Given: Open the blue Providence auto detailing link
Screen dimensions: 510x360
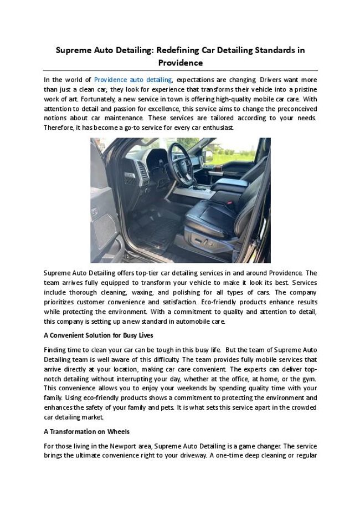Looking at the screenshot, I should (133, 80).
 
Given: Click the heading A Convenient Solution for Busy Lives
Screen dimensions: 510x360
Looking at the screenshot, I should (98, 335).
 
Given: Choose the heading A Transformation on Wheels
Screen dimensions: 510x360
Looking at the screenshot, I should (86, 431).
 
